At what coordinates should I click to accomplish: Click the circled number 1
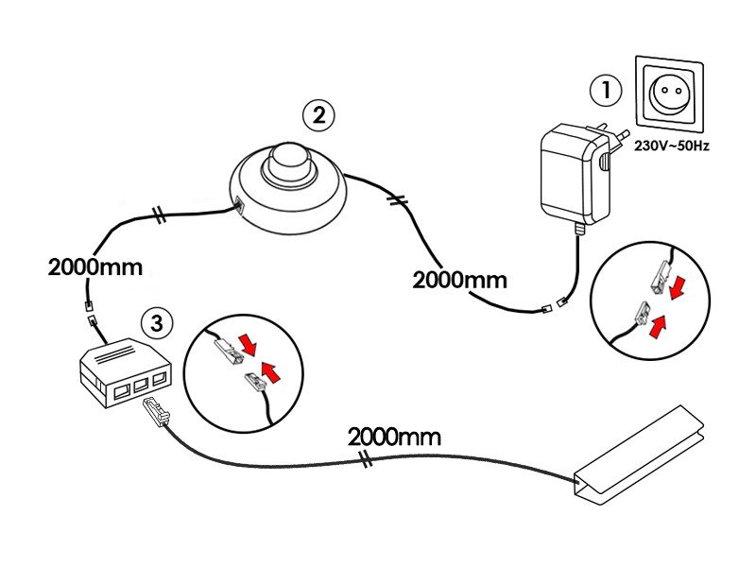coord(606,90)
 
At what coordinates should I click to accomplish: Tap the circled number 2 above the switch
coord(318,115)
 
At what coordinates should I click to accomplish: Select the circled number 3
coord(157,323)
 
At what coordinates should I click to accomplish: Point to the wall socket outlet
coord(669,94)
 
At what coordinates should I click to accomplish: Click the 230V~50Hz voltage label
coord(672,146)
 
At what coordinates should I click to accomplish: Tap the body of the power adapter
coord(574,175)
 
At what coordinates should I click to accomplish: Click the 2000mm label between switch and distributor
coord(95,267)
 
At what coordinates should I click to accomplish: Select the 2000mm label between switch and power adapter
coord(459,280)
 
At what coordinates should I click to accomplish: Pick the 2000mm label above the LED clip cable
coord(394,438)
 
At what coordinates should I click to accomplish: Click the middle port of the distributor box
coord(140,386)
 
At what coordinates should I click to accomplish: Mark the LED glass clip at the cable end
coord(640,455)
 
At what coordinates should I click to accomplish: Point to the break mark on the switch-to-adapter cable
coord(398,200)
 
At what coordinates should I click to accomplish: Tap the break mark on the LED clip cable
coord(367,459)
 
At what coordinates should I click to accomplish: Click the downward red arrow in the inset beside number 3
coord(249,345)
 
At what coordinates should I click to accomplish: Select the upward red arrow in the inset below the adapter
coord(658,326)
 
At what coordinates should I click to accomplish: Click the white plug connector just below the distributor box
coord(156,410)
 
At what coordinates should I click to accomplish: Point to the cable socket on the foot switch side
coord(239,205)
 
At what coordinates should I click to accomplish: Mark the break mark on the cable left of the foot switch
coord(159,215)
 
